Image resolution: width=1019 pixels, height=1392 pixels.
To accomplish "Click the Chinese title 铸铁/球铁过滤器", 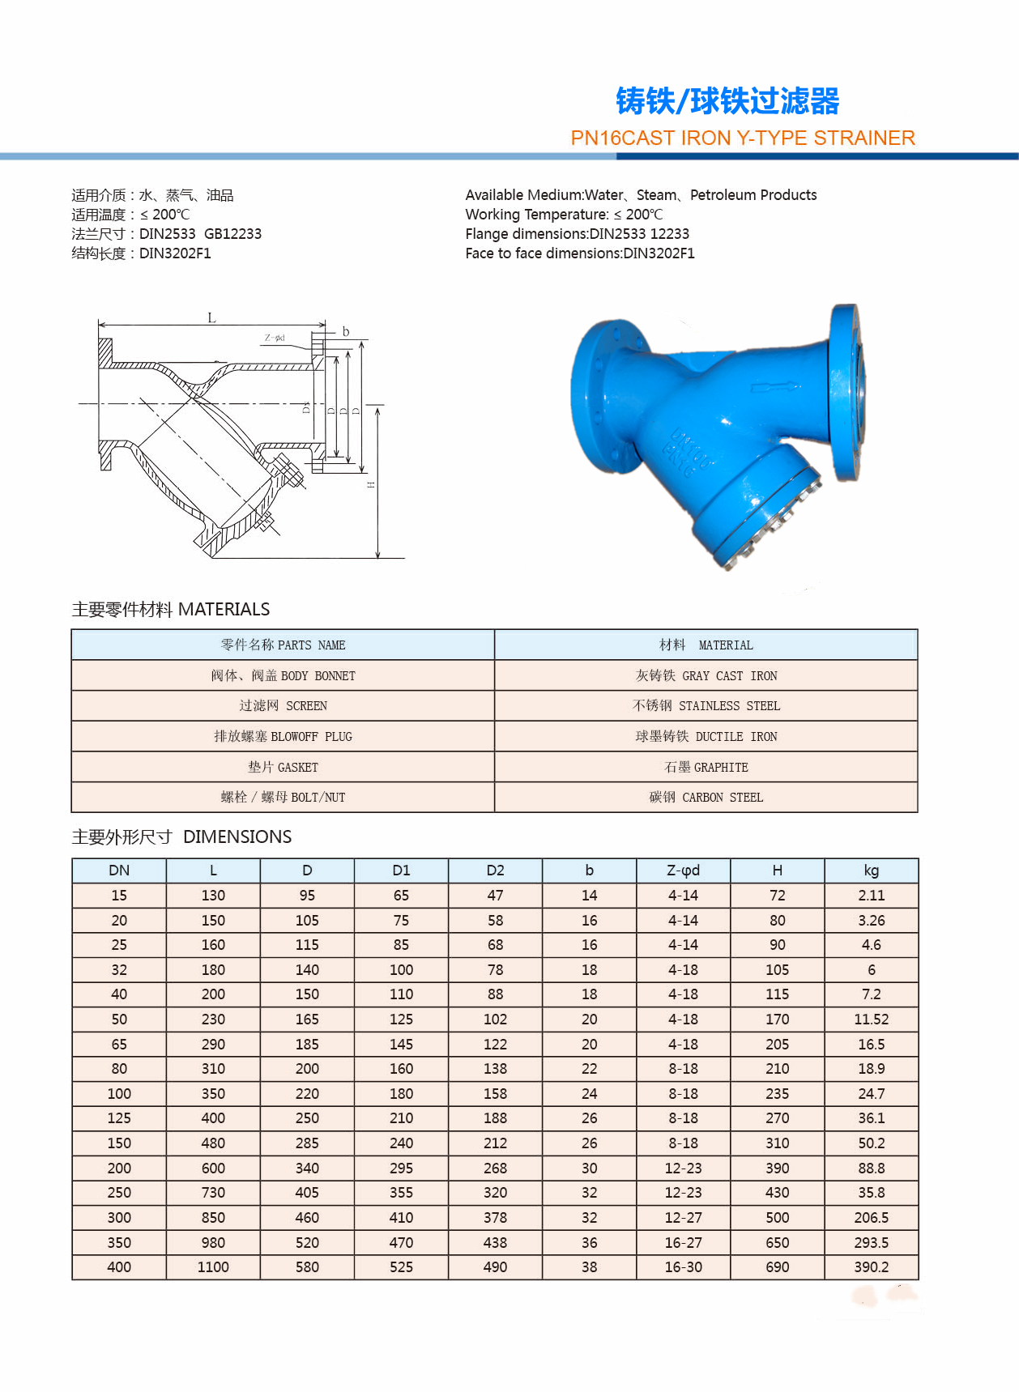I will click(727, 101).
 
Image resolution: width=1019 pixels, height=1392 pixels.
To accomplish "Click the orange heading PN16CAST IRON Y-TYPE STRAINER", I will click(742, 138).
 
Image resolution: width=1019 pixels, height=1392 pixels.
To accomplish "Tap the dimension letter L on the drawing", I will click(211, 317).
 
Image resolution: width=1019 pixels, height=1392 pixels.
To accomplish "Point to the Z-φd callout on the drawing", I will click(275, 338).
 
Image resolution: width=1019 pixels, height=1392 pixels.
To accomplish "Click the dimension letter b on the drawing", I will click(346, 331).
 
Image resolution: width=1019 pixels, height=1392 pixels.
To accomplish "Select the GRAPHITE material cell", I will click(706, 767).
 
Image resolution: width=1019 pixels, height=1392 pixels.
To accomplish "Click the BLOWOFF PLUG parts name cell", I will click(283, 736).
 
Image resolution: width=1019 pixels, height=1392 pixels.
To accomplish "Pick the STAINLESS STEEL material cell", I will click(706, 705).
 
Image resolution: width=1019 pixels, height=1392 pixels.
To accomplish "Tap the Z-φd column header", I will click(683, 871).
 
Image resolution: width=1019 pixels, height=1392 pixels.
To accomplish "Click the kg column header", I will click(871, 871).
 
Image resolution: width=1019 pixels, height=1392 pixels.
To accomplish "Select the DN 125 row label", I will click(119, 1118).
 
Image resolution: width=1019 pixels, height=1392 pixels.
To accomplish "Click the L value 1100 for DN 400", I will click(213, 1267).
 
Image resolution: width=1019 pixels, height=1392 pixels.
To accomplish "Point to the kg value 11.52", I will click(871, 1020).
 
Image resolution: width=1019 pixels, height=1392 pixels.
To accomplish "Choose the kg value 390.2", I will click(871, 1267).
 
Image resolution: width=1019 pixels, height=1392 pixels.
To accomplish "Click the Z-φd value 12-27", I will click(683, 1218).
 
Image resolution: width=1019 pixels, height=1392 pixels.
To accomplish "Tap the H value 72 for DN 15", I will click(777, 896).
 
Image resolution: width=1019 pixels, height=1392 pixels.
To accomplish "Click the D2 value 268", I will click(495, 1169).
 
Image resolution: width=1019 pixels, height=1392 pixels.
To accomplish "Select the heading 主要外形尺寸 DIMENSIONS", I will click(181, 836).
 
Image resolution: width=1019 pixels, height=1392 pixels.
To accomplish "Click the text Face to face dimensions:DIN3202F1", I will click(579, 253).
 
